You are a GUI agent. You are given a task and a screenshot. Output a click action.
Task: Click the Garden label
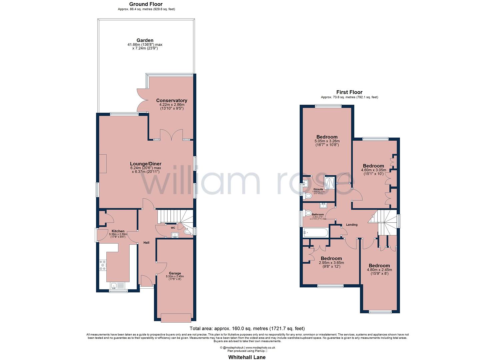pyautogui.click(x=145, y=40)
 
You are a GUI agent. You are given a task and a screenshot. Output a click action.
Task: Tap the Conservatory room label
pyautogui.click(x=172, y=100)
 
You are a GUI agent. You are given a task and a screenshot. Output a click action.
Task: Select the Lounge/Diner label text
pyautogui.click(x=146, y=164)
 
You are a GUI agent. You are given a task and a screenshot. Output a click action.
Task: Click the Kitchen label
pyautogui.click(x=118, y=231)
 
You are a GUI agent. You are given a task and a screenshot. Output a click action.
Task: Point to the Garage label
pyautogui.click(x=175, y=273)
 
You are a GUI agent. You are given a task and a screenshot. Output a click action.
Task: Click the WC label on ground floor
pyautogui.click(x=173, y=228)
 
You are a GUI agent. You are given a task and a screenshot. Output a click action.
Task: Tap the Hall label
pyautogui.click(x=146, y=242)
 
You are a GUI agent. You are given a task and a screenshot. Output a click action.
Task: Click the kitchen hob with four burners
pyautogui.click(x=102, y=265)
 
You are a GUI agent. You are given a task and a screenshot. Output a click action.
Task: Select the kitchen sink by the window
pyautogui.click(x=117, y=285)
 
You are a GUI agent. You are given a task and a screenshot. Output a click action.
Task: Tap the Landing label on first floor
pyautogui.click(x=352, y=225)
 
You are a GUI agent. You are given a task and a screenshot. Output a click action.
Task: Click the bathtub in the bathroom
pyautogui.click(x=316, y=232)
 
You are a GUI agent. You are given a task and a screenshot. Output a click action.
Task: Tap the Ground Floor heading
pyautogui.click(x=146, y=4)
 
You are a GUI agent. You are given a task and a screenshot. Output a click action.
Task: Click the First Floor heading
pyautogui.click(x=349, y=92)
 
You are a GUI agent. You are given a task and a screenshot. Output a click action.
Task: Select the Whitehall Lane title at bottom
pyautogui.click(x=247, y=357)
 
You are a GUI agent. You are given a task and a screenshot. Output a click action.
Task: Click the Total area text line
pyautogui.click(x=247, y=328)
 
